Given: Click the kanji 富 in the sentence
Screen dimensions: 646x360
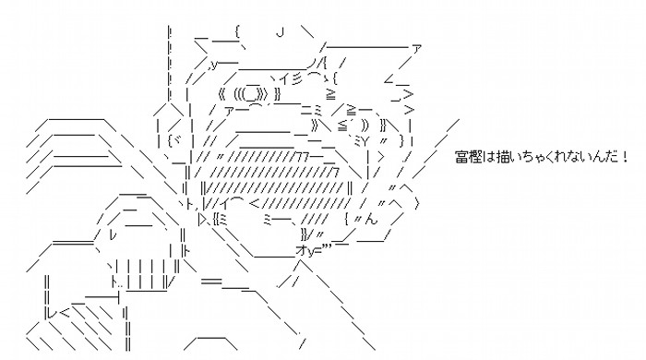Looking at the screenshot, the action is click(x=461, y=157).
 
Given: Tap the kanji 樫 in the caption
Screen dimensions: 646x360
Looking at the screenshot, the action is click(x=474, y=157).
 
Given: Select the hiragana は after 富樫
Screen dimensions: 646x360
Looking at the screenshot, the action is click(x=488, y=157).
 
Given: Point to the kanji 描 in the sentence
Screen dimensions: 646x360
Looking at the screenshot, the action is click(x=504, y=157).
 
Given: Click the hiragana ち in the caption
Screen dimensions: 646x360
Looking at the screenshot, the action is click(x=528, y=157).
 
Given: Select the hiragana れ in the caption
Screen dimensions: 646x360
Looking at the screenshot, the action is click(x=561, y=157).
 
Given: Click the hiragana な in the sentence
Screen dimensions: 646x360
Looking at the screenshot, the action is click(x=574, y=157).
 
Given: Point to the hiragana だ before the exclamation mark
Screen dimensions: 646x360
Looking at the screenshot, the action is click(x=611, y=157).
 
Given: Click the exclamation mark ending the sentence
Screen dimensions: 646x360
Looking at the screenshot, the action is click(x=625, y=157).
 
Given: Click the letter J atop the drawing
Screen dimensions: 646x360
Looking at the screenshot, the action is click(x=281, y=32).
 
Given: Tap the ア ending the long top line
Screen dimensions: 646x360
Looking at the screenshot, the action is click(x=416, y=49).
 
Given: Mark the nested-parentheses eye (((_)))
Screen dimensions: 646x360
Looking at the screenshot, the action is click(x=251, y=94).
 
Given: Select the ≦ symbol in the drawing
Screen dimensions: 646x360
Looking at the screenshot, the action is click(x=342, y=126).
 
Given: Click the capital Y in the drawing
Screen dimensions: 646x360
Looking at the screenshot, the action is click(x=365, y=141).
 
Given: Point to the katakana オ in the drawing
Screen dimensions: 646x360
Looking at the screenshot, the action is click(x=300, y=249).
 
